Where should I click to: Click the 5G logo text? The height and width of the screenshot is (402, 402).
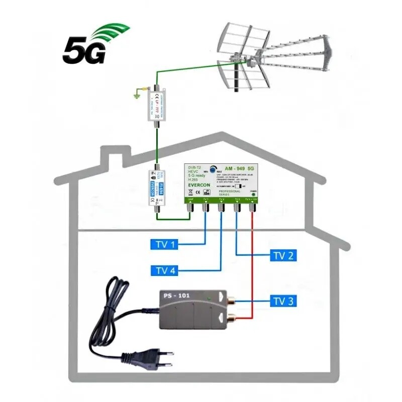[84, 50]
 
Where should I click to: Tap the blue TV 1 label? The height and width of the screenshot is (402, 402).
[165, 245]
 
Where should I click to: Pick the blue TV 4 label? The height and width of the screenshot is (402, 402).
[165, 271]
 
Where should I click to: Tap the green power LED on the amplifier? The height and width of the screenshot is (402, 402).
[253, 194]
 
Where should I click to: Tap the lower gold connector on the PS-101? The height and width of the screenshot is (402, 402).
[232, 318]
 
